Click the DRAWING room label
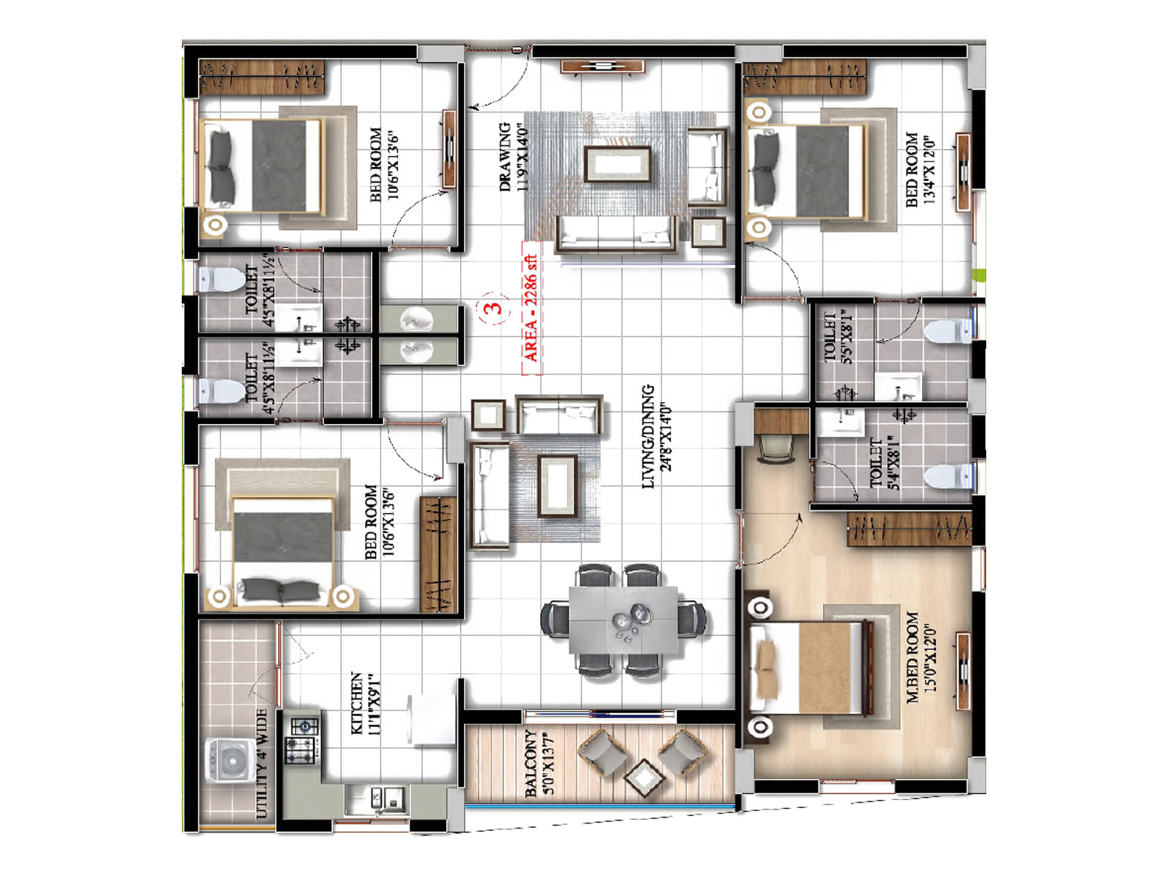click(x=512, y=157)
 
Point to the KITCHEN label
click(x=363, y=703)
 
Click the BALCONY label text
click(x=539, y=762)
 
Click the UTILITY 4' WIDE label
click(x=261, y=763)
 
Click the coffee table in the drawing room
click(x=617, y=164)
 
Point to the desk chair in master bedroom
click(x=775, y=447)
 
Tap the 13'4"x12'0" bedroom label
click(x=920, y=169)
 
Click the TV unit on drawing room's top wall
click(x=602, y=67)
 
